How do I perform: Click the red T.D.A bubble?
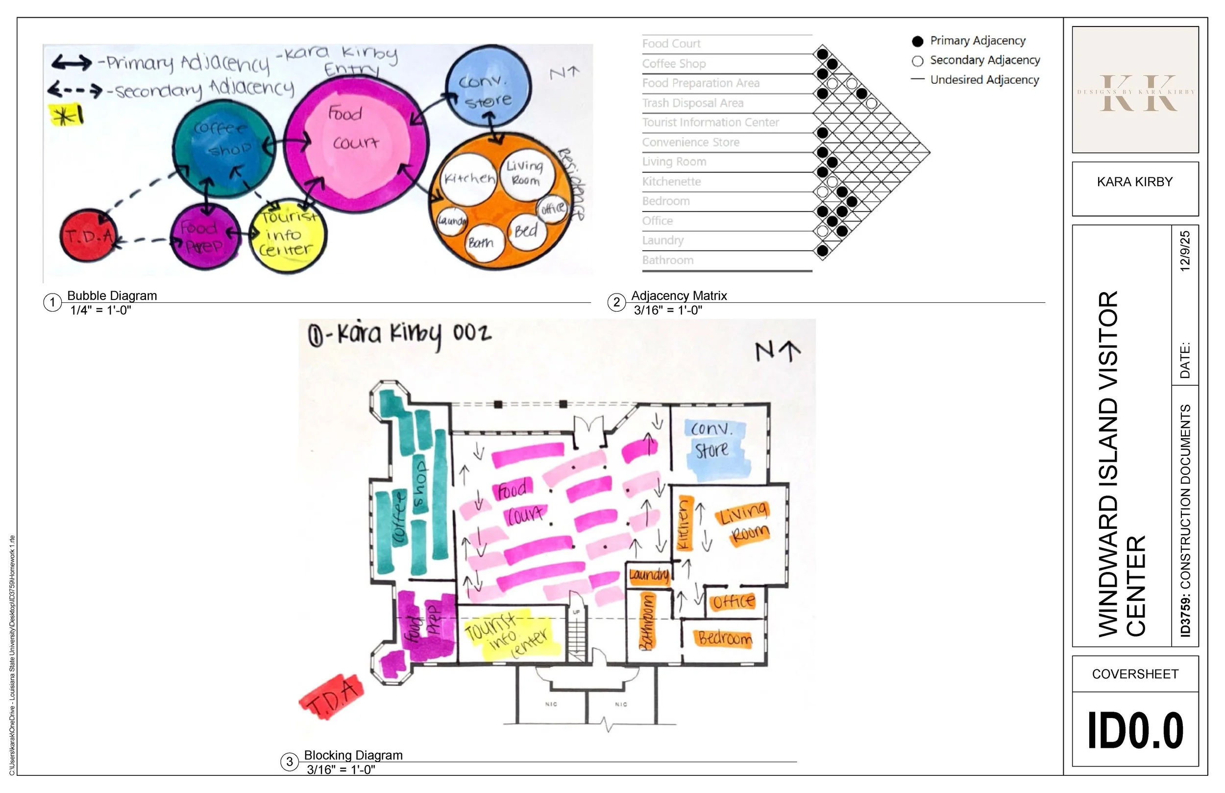coord(89,236)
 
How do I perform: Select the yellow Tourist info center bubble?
coord(288,235)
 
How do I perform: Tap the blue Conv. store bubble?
coord(487,87)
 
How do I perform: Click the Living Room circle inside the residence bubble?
coord(526,173)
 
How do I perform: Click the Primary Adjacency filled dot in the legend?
coord(917,41)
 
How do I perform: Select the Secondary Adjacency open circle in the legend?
coord(917,61)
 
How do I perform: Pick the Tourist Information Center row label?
coord(710,123)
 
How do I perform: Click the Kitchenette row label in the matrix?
coord(671,182)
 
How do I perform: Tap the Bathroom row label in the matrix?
coord(667,261)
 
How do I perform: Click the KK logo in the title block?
coord(1135,93)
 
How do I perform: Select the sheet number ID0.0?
coord(1135,730)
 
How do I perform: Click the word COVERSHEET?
coord(1135,674)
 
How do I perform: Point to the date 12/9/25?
coord(1185,251)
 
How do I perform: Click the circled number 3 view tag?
coord(289,762)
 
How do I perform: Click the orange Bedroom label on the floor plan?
coord(725,639)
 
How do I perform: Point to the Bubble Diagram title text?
coord(112,296)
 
